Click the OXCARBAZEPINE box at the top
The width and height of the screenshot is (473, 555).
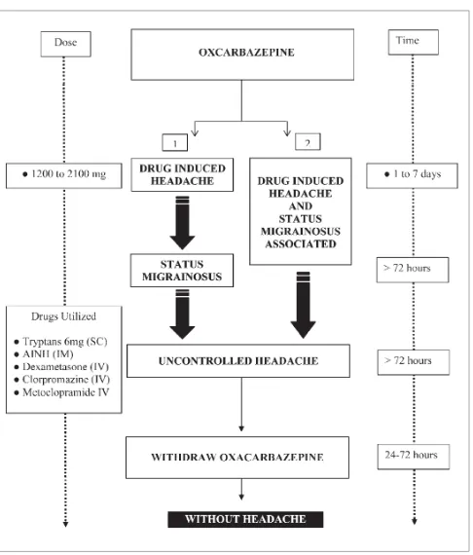pyautogui.click(x=242, y=55)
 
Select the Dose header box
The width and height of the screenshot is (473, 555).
pyautogui.click(x=66, y=44)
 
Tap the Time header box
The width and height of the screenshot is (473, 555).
pyautogui.click(x=414, y=42)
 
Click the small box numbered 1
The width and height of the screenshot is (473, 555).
pyautogui.click(x=175, y=142)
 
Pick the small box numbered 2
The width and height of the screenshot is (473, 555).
pyautogui.click(x=308, y=141)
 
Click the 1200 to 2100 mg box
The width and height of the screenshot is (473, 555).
pyautogui.click(x=64, y=175)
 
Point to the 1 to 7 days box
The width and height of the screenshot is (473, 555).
pyautogui.click(x=412, y=175)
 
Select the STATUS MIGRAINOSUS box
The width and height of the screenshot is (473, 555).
pyautogui.click(x=182, y=271)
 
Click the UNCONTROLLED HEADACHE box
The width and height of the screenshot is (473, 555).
pyautogui.click(x=238, y=360)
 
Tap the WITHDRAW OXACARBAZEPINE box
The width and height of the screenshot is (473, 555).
pyautogui.click(x=237, y=458)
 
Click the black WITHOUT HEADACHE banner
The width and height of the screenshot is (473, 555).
pyautogui.click(x=245, y=519)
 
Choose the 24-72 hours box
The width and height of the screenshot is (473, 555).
pyautogui.click(x=414, y=457)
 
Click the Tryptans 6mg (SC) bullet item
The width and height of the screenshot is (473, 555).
pyautogui.click(x=61, y=342)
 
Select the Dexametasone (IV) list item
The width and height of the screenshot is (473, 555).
pyautogui.click(x=61, y=367)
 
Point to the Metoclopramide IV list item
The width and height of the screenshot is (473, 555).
pyautogui.click(x=61, y=392)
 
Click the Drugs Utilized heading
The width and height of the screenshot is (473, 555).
pyautogui.click(x=63, y=316)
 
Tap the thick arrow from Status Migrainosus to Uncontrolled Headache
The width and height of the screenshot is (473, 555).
pyautogui.click(x=182, y=314)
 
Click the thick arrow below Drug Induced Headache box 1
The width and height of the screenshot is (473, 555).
pyautogui.click(x=182, y=223)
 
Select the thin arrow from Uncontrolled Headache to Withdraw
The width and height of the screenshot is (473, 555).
pyautogui.click(x=241, y=404)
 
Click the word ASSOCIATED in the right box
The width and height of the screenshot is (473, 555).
pyautogui.click(x=301, y=243)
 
